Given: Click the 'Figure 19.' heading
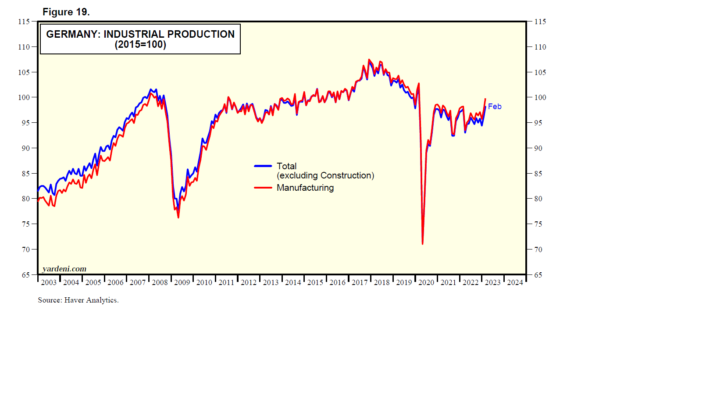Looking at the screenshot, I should point(66,12).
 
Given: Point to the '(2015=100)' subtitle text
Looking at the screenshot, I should point(140,45).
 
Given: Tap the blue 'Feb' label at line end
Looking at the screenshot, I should point(495,107).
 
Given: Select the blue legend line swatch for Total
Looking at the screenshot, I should point(263,166).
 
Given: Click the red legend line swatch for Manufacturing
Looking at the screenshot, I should point(263,188).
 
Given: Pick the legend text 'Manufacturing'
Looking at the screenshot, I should point(305,188).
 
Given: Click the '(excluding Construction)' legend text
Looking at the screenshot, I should point(325,175).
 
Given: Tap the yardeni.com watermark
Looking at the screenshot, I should point(64,269).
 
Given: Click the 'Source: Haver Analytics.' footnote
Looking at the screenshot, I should point(78,300).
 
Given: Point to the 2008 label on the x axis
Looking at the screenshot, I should point(160,282).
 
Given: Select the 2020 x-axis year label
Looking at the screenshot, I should point(426,282).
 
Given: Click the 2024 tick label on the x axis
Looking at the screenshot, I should point(515,282).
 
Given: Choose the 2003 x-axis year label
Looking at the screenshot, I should point(49,282).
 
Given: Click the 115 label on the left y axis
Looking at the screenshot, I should point(24,21).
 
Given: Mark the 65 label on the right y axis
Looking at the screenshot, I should point(538,275).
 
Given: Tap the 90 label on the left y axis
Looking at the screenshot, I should point(25,148).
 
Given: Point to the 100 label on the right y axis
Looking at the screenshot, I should point(540,97).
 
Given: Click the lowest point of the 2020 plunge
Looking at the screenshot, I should point(422,243).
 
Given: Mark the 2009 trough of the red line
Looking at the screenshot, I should point(178,217).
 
